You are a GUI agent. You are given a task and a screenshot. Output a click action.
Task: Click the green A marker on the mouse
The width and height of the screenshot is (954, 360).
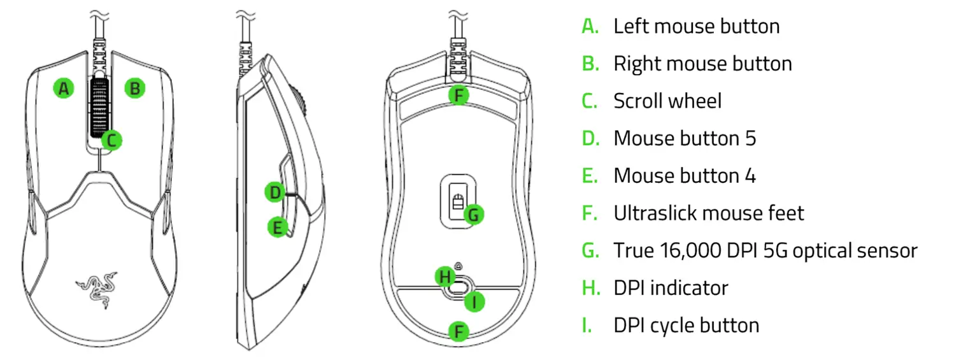[x=63, y=89]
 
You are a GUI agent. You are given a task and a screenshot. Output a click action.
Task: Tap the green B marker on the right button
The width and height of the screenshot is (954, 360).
[x=134, y=89]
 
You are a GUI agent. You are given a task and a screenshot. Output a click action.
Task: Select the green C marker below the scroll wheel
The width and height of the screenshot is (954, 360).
[x=111, y=140]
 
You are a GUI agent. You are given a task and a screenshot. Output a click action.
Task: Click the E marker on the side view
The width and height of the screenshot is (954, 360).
[x=276, y=227]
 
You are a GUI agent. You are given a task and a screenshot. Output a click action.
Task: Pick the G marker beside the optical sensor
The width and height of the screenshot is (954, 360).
[x=473, y=215]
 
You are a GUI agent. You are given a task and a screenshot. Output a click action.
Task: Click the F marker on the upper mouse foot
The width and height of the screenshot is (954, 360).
[x=458, y=96]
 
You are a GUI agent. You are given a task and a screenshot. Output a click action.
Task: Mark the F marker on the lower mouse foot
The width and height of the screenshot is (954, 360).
[x=458, y=331]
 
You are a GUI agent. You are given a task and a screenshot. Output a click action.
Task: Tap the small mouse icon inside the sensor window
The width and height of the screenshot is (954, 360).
[x=456, y=203]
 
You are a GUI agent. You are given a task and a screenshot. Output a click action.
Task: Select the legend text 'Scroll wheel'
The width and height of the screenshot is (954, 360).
[x=667, y=101]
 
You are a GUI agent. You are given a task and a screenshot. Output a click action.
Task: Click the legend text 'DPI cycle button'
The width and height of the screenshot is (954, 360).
[x=686, y=325]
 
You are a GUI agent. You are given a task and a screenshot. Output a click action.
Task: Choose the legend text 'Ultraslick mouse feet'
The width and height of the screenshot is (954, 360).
[x=708, y=213]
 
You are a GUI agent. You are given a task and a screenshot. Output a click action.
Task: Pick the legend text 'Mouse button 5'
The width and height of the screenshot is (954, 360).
[x=685, y=138]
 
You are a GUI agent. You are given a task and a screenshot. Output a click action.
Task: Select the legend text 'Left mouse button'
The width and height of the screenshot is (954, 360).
[x=696, y=26]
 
